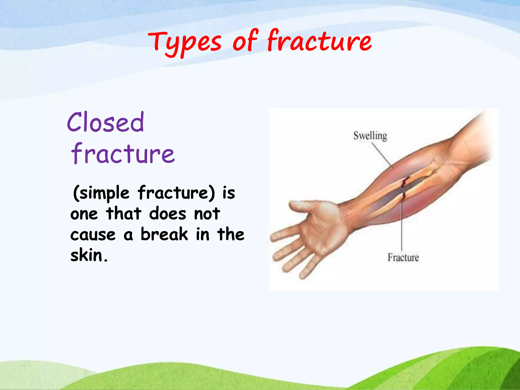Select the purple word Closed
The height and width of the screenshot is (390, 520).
[106, 122]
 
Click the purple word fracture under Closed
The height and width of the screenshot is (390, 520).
[123, 154]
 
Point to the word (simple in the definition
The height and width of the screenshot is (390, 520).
[101, 193]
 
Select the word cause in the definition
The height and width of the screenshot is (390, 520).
[93, 235]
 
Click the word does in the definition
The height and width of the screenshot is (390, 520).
[168, 214]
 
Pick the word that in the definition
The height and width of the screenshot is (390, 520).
[124, 214]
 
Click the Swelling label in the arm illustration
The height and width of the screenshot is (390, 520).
[370, 136]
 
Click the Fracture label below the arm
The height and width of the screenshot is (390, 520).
[403, 257]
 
